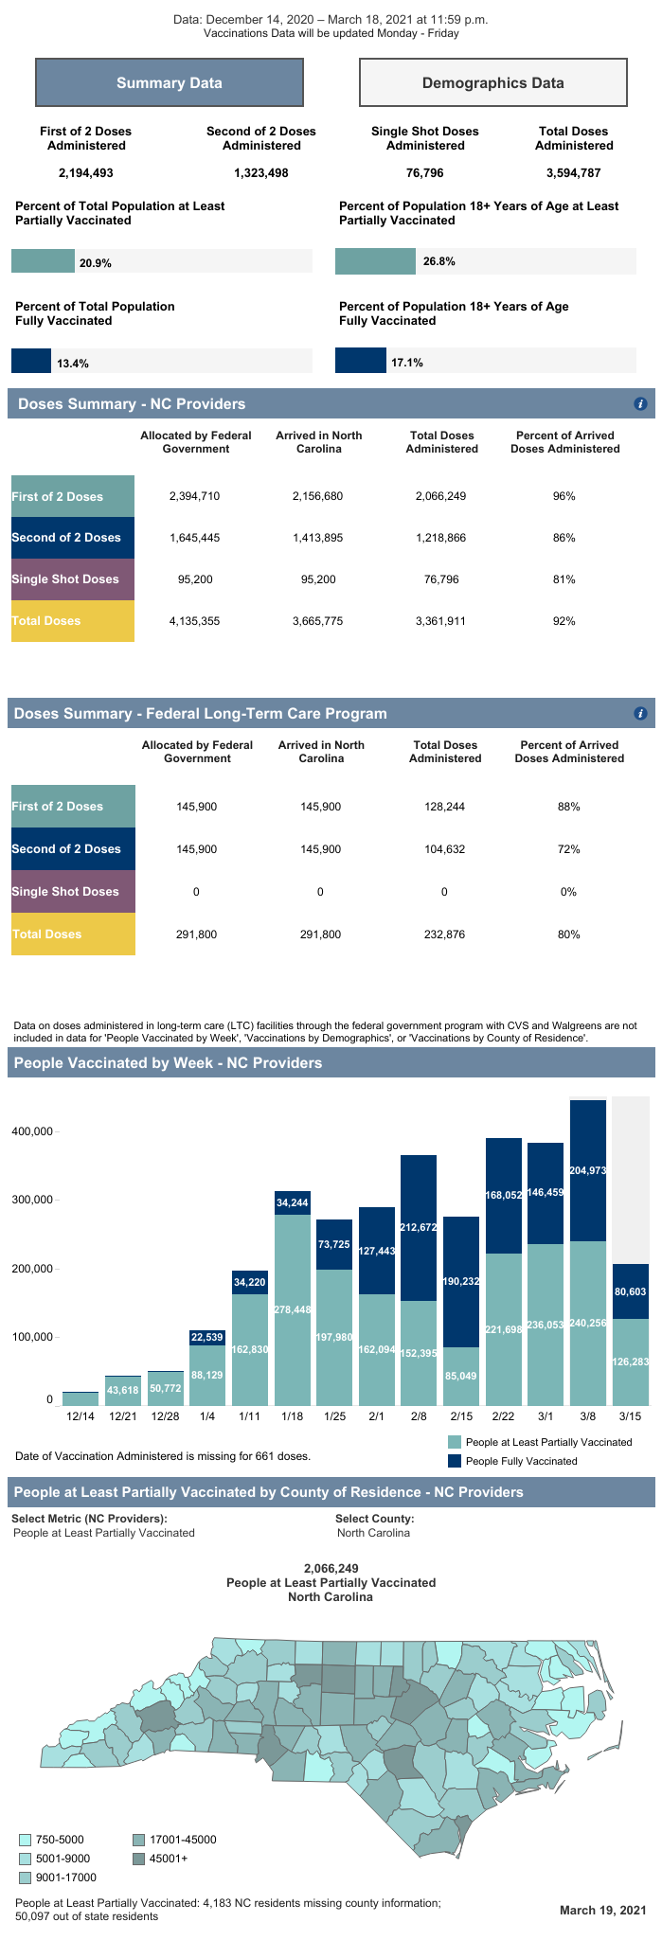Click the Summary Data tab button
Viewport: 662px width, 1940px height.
point(170,83)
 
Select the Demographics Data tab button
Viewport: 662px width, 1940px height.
point(492,83)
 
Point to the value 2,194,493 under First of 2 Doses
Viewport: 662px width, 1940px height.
point(85,173)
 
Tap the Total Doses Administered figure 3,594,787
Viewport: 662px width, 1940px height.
point(574,173)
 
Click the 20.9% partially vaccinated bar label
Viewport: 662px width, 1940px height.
point(95,263)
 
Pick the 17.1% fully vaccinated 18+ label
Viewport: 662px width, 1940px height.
point(407,363)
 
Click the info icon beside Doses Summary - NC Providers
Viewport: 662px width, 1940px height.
point(640,404)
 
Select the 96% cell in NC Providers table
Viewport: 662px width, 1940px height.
point(564,496)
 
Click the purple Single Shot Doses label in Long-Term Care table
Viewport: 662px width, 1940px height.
point(73,892)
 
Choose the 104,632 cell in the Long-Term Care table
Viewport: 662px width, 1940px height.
point(444,849)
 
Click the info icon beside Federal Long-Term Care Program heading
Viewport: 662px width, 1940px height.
point(640,714)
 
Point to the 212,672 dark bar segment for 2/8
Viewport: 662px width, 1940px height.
point(419,1228)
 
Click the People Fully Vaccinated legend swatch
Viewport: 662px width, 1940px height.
point(455,1461)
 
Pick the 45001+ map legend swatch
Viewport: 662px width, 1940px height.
point(138,1859)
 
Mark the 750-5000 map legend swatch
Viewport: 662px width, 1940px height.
point(25,1840)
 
